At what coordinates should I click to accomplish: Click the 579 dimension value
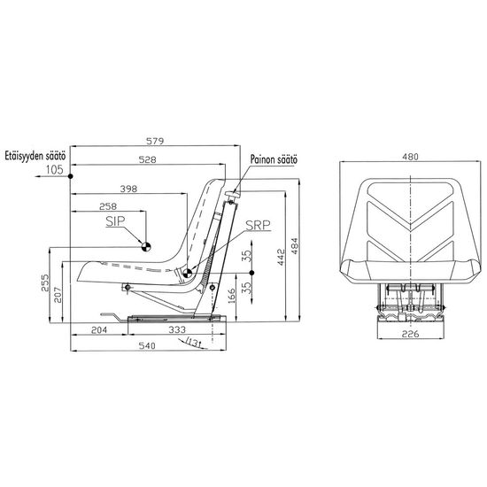(155, 141)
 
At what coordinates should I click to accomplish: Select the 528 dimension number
(147, 159)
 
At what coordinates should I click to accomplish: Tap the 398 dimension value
(128, 189)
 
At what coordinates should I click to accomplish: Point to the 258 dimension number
(108, 206)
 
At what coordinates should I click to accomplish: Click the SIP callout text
(115, 221)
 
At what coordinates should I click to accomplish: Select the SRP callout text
(258, 225)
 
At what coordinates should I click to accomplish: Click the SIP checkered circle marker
(146, 247)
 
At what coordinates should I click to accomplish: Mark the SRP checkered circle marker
(188, 274)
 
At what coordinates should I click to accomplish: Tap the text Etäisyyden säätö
(35, 156)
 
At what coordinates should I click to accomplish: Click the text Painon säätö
(274, 159)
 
